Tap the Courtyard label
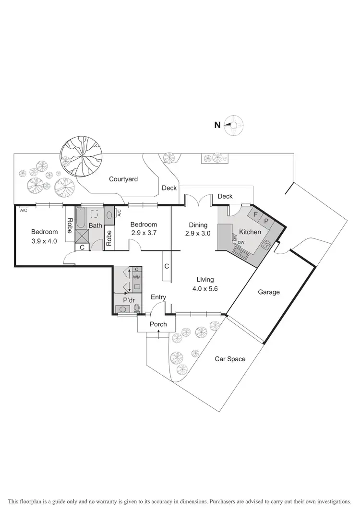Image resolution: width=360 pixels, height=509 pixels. coord(123,179)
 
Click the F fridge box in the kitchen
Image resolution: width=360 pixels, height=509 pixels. coord(256,214)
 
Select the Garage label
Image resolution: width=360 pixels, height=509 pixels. coord(268,292)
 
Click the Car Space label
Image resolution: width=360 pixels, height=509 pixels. coord(230,358)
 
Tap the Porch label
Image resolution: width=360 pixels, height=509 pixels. coord(158,324)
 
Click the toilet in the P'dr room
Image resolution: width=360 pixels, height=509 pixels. coord(137,308)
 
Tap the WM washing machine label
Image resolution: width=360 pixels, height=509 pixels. coord(136,277)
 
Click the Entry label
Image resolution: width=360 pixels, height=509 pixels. coord(158,297)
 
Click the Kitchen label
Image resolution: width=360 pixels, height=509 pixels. coord(250,232)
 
